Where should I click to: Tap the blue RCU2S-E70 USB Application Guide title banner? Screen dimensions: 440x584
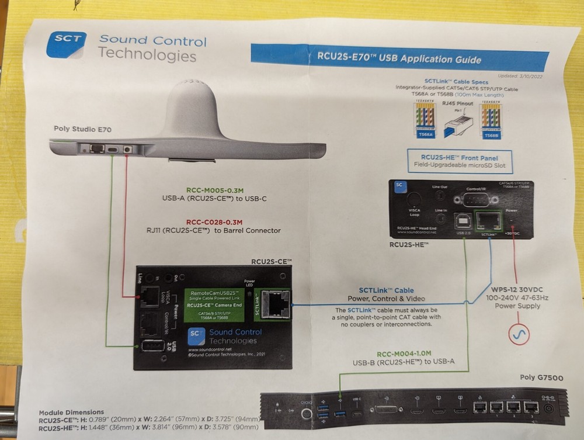tap(399, 59)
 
